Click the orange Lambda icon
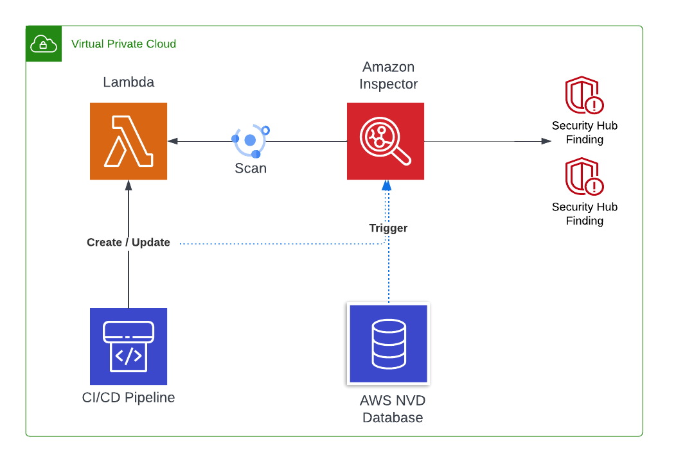[129, 141]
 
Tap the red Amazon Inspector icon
[386, 141]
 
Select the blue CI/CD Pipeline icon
[129, 346]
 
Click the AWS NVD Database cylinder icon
[388, 344]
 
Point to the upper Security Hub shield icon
[584, 96]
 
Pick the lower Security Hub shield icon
[584, 177]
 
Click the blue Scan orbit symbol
[251, 140]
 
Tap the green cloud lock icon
[44, 44]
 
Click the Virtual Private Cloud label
[123, 44]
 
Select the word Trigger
[388, 228]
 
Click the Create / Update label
[129, 243]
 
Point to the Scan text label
[251, 169]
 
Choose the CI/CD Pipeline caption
[129, 398]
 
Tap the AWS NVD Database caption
[392, 409]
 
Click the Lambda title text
[129, 82]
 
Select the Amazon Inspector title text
[388, 75]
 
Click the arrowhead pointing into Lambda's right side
[172, 141]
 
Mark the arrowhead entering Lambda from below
[129, 185]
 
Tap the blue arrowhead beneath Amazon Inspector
[386, 185]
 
